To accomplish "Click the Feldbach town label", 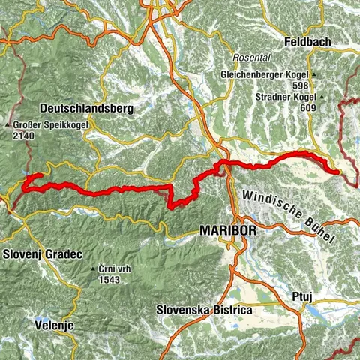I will click(x=307, y=43).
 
